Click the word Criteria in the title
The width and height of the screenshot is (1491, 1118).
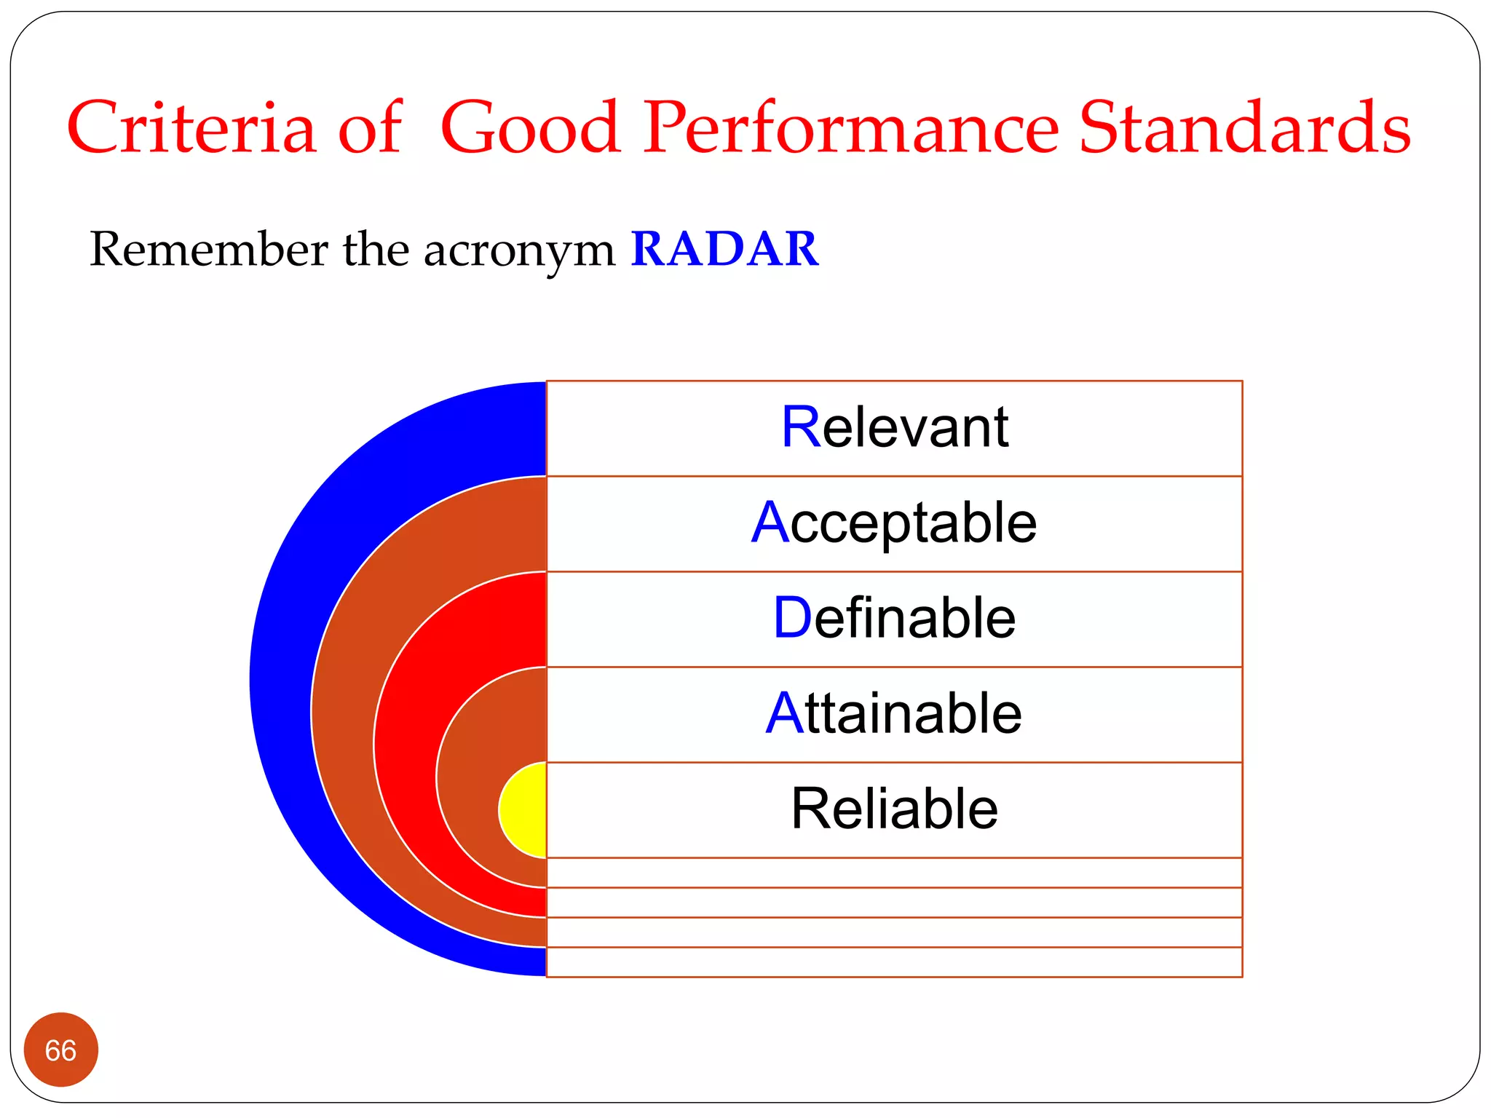191,128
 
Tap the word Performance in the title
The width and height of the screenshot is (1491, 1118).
851,128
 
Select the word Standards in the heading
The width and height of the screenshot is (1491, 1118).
1244,128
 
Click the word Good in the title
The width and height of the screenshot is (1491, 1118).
531,128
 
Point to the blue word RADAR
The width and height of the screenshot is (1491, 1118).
724,249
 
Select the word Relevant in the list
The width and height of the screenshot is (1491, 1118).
894,427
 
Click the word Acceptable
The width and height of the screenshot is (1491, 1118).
894,523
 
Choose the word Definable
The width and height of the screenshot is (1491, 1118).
894,618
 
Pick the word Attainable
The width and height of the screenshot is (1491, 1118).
894,713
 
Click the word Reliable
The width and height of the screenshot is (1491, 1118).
894,809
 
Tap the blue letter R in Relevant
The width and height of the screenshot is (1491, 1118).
801,427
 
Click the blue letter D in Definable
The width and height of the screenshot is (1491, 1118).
792,618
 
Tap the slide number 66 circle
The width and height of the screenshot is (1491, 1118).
61,1050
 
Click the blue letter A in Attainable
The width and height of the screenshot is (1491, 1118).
784,713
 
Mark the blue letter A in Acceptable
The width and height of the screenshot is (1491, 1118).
770,523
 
